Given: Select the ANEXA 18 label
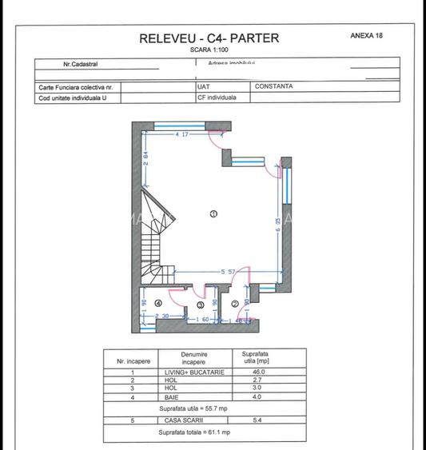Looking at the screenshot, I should [372, 36].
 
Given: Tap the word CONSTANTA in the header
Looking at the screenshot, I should [274, 86].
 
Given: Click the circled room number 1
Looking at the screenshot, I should [213, 213].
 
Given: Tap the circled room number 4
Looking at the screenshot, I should [158, 304].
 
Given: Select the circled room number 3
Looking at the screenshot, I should [201, 305].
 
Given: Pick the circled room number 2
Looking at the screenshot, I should [235, 304].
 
